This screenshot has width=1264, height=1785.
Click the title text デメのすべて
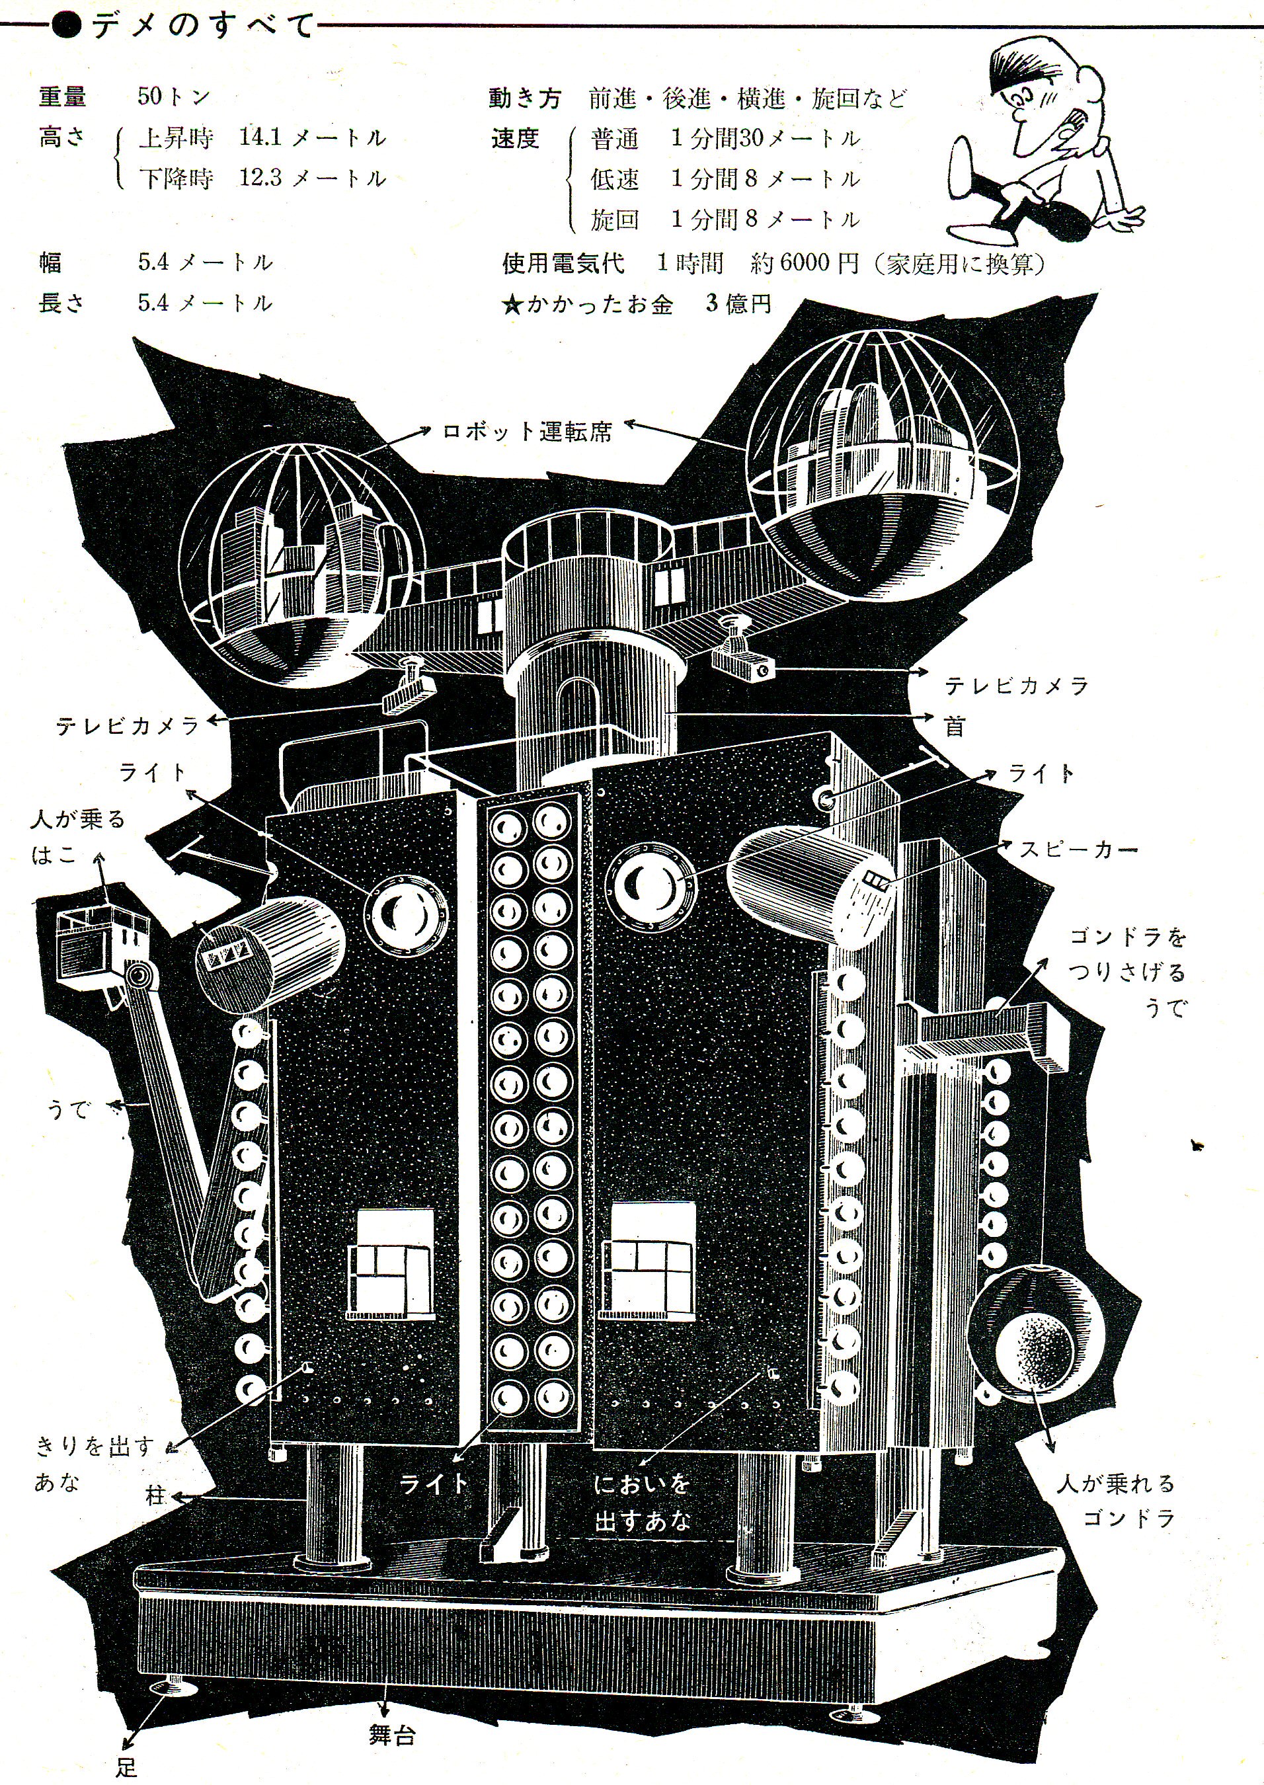tap(202, 26)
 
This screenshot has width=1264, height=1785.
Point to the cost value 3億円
tap(738, 303)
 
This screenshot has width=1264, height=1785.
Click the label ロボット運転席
tap(527, 432)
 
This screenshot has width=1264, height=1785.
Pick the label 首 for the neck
tap(955, 727)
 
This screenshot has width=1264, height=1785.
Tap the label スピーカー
tap(1078, 850)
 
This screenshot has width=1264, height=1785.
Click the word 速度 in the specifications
tap(515, 139)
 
